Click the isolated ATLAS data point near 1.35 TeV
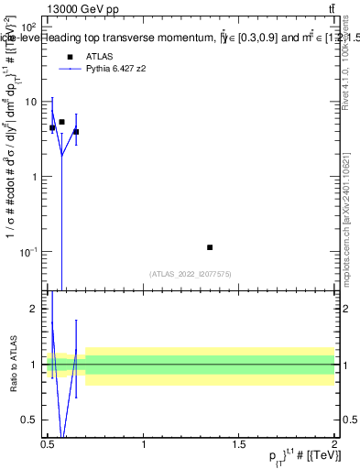[210, 247]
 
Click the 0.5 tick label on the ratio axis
[29, 420]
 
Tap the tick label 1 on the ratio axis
[34, 365]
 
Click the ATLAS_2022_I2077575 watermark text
[190, 273]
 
